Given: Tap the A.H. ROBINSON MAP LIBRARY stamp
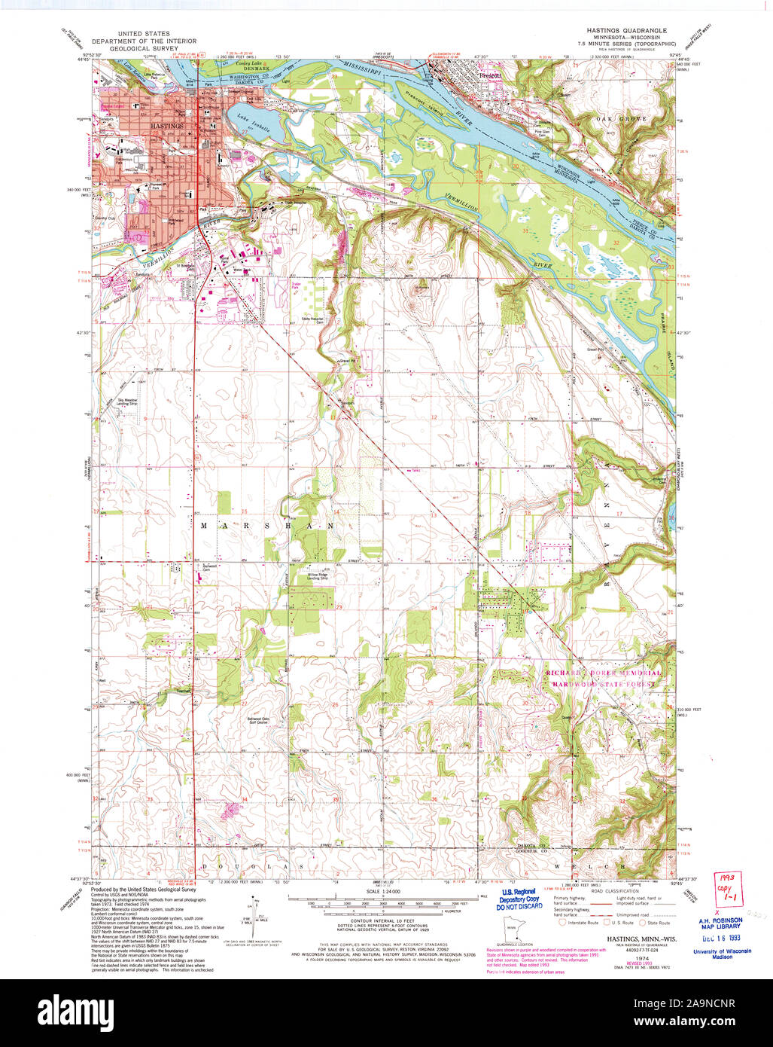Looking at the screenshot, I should (720, 923).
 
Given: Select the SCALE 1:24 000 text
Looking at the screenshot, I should (383, 893).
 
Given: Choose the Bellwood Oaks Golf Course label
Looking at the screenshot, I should (260, 721).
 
